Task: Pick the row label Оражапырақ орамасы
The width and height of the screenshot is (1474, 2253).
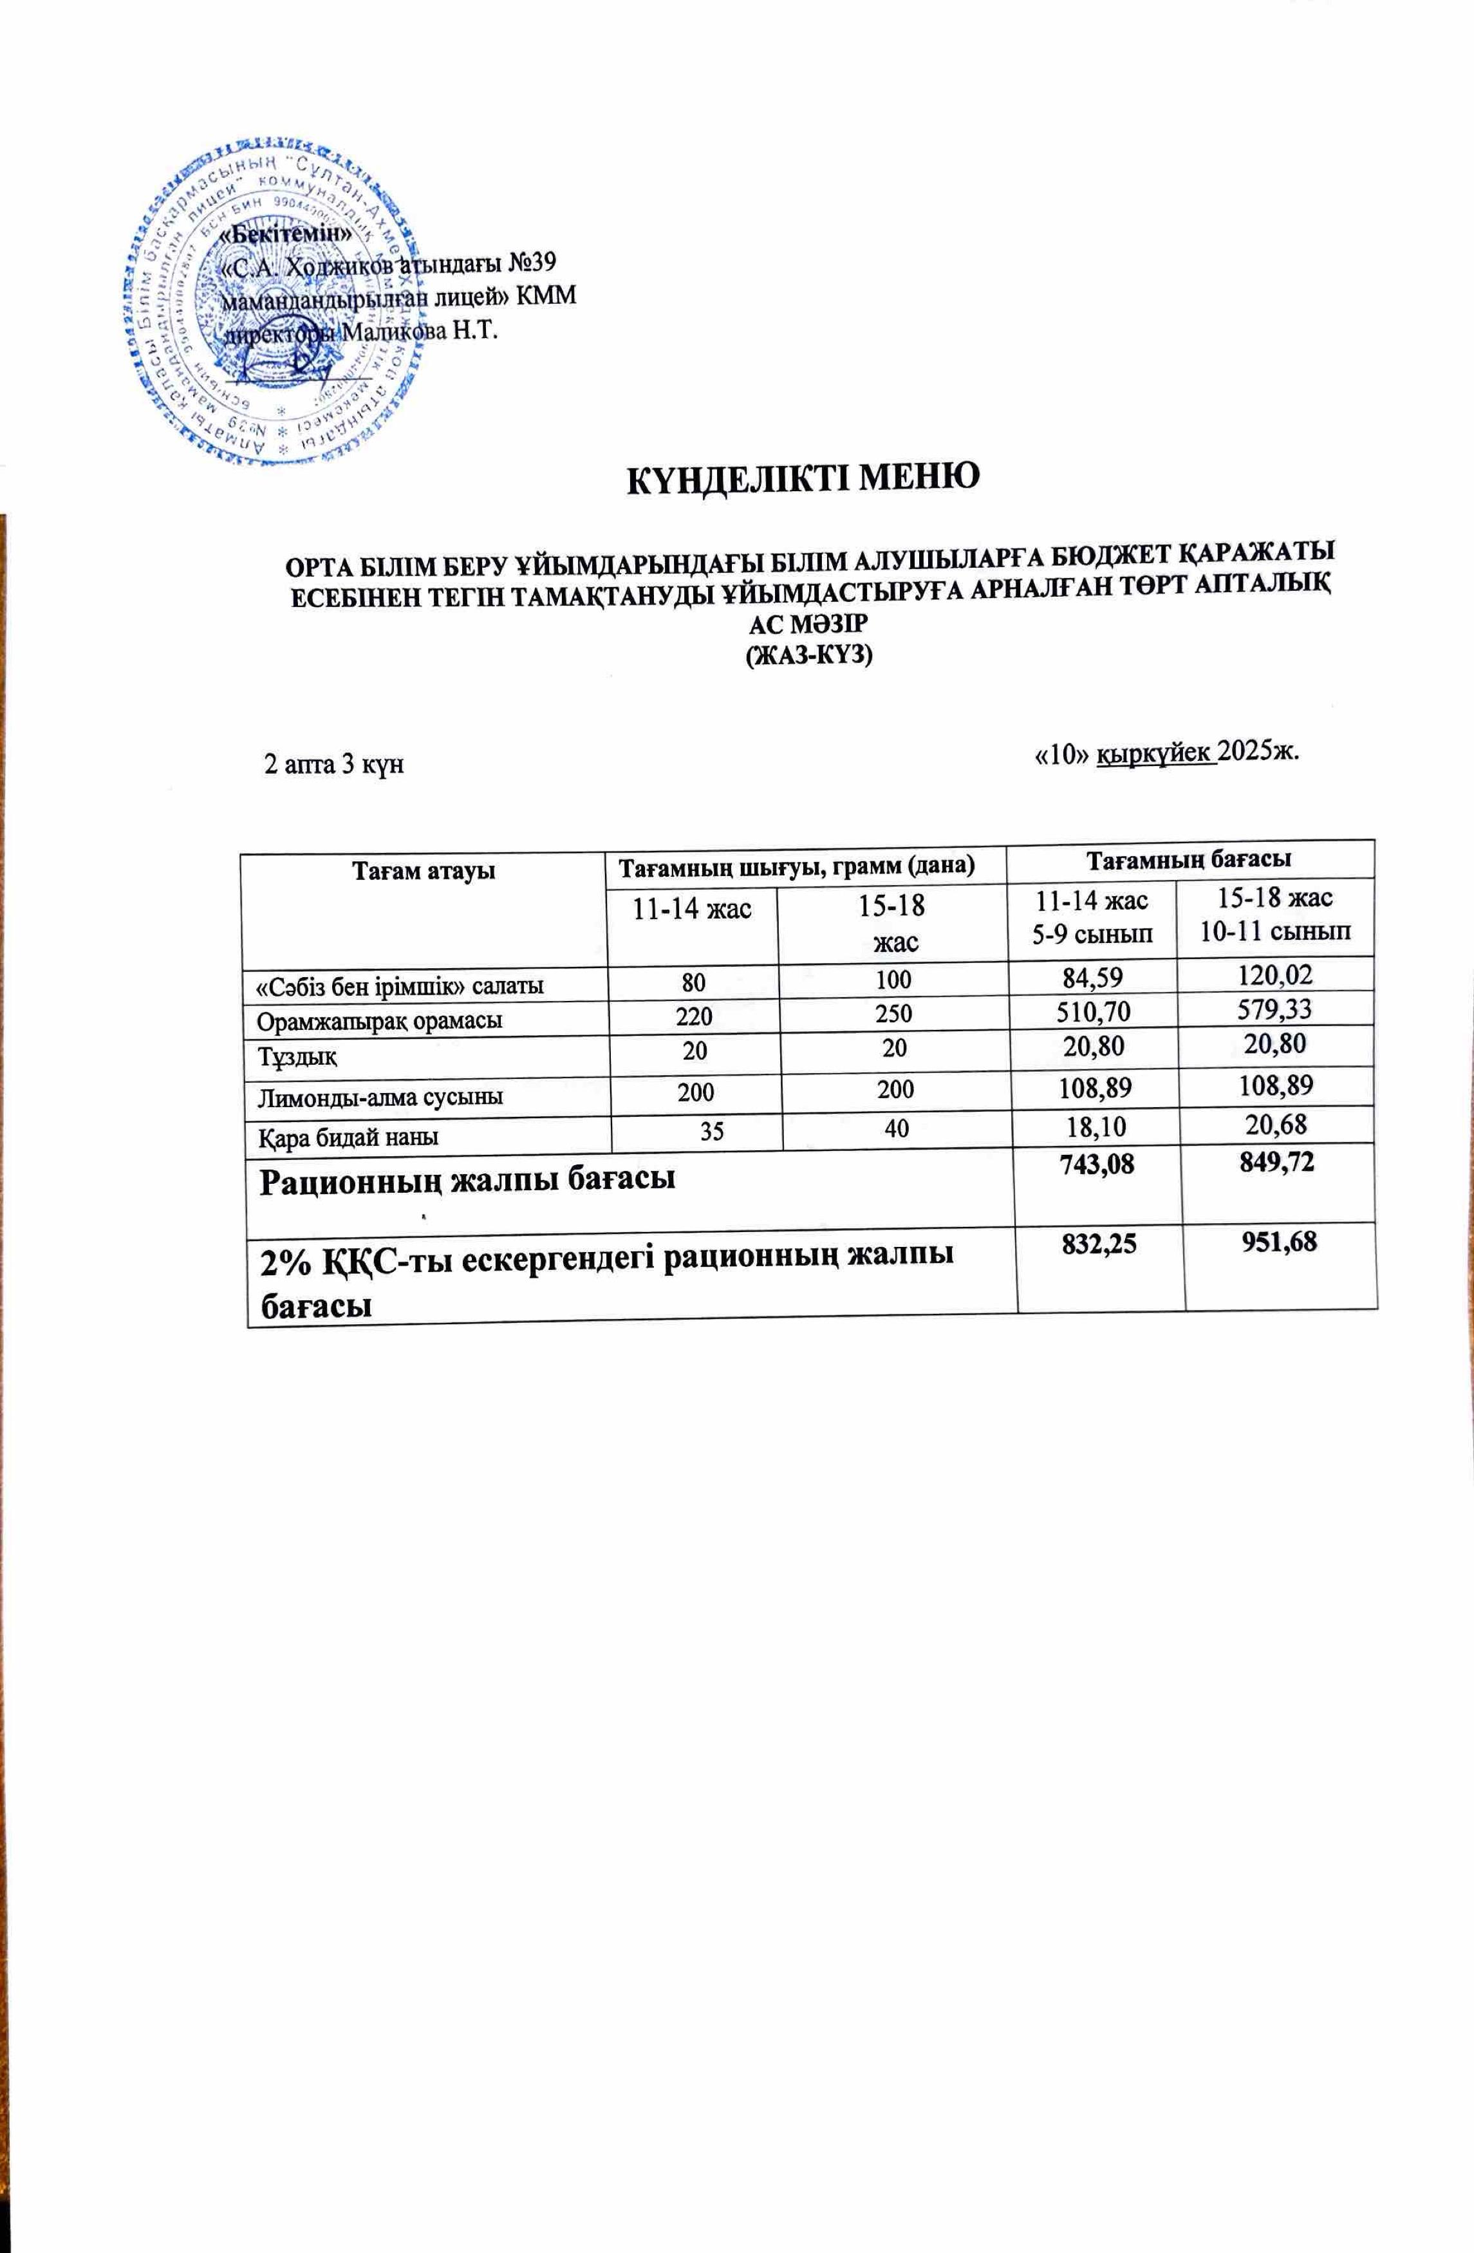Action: coord(380,1020)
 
